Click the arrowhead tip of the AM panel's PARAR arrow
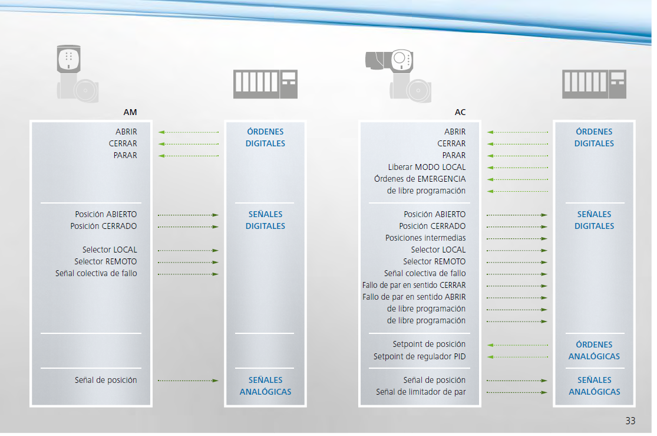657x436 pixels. [x=159, y=156]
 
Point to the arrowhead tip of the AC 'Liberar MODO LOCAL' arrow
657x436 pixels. [x=487, y=168]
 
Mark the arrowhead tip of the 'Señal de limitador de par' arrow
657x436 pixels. [x=547, y=393]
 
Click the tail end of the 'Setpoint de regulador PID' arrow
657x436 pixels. [x=547, y=357]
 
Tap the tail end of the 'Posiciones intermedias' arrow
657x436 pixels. [x=487, y=239]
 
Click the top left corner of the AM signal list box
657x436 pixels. [x=30, y=121]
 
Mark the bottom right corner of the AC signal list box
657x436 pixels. [x=481, y=407]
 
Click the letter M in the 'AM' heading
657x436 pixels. [x=133, y=112]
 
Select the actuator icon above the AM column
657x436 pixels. [x=78, y=73]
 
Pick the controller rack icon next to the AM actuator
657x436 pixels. [x=265, y=84]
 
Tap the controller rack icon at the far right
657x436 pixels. [x=594, y=84]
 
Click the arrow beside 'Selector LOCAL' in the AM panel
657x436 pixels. [x=188, y=251]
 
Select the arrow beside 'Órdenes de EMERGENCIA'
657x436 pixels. [x=517, y=179]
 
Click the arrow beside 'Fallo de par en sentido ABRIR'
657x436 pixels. [x=517, y=298]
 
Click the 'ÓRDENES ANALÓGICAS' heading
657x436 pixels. [x=594, y=350]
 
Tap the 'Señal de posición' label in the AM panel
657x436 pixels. [x=105, y=380]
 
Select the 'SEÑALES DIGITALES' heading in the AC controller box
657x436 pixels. [x=594, y=220]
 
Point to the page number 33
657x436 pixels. [x=630, y=421]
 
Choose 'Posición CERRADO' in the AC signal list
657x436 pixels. [x=433, y=226]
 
